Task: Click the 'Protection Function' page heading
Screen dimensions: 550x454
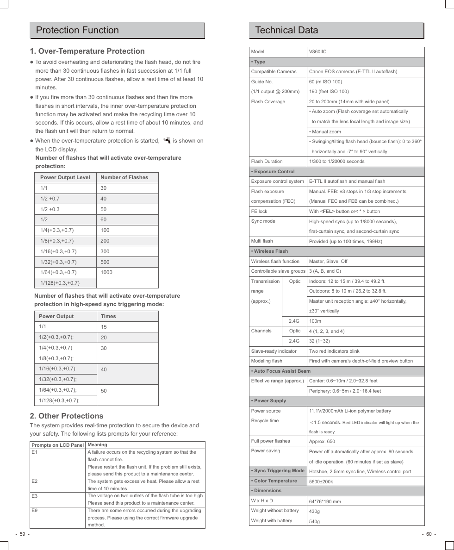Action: click(77, 31)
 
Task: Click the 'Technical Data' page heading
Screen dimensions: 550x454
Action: click(286, 31)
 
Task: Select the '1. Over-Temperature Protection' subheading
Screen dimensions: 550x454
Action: click(87, 51)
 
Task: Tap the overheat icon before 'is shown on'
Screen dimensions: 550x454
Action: click(167, 140)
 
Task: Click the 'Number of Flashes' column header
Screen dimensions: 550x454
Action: click(124, 177)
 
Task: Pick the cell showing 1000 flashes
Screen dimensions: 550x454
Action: click(106, 272)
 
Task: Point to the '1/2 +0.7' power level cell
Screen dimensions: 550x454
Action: click(50, 199)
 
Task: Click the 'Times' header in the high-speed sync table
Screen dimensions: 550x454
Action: click(108, 316)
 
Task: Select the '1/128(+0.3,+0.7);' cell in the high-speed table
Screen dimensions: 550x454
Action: click(59, 400)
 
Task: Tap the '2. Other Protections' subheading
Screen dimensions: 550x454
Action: click(67, 416)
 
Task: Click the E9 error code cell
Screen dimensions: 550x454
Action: click(35, 511)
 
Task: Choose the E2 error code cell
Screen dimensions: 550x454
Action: click(35, 481)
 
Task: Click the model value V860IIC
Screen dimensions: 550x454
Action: click(317, 52)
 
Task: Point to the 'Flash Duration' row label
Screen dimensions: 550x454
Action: click(267, 162)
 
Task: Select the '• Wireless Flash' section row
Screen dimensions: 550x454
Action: click(269, 251)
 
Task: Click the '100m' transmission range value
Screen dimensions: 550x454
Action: click(315, 321)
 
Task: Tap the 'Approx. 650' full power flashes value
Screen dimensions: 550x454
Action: click(322, 442)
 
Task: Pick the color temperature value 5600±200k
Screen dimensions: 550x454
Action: click(321, 481)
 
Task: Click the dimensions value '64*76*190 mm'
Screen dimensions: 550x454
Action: click(325, 501)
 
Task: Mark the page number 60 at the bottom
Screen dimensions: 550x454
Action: click(428, 534)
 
